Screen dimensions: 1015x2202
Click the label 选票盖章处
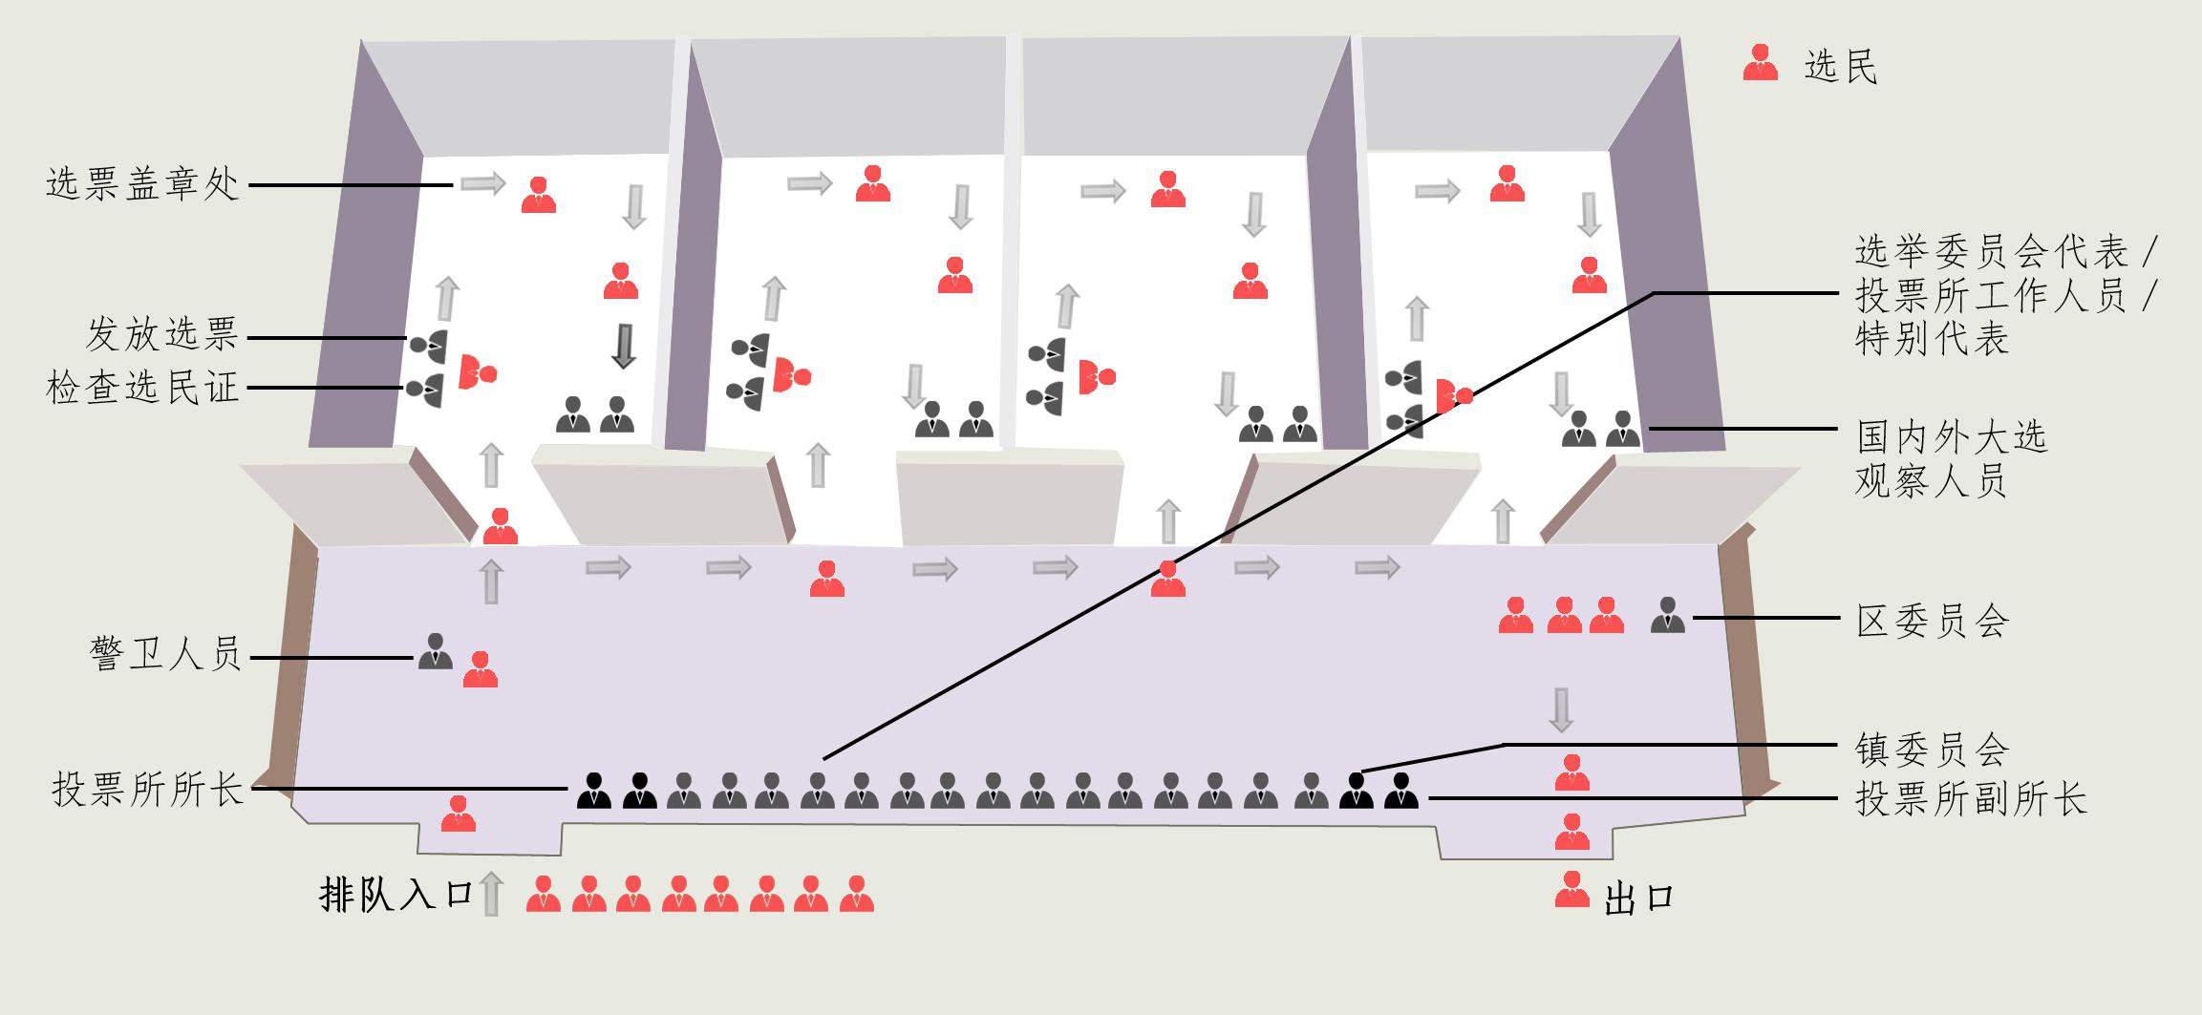(142, 183)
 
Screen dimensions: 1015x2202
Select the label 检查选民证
(142, 389)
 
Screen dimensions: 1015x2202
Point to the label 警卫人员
(165, 656)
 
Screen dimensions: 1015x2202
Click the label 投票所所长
(148, 791)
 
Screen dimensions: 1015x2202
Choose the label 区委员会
(1932, 622)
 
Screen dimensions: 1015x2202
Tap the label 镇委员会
(1932, 750)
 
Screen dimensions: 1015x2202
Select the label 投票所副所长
(1970, 798)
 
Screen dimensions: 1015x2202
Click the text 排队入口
(396, 896)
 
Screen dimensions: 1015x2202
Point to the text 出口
(1639, 899)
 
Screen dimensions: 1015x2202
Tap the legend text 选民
(1840, 66)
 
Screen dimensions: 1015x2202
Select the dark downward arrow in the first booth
(624, 347)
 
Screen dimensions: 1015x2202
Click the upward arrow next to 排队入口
(490, 894)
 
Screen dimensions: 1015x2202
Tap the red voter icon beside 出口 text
(1571, 889)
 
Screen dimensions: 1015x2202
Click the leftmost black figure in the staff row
(594, 791)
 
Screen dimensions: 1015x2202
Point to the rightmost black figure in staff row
(1400, 791)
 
